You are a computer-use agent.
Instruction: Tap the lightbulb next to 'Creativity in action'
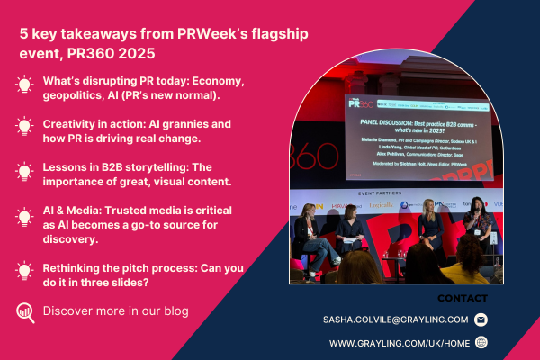click(x=24, y=127)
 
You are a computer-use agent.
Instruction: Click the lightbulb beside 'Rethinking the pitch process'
click(x=24, y=270)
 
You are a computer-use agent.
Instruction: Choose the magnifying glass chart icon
click(x=24, y=312)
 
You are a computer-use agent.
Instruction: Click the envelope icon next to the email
click(x=481, y=319)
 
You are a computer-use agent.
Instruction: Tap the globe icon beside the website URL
click(x=481, y=343)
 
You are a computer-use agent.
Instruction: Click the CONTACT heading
click(x=462, y=298)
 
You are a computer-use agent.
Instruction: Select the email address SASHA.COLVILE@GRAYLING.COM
click(x=395, y=319)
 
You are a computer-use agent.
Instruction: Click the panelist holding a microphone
click(x=474, y=229)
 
